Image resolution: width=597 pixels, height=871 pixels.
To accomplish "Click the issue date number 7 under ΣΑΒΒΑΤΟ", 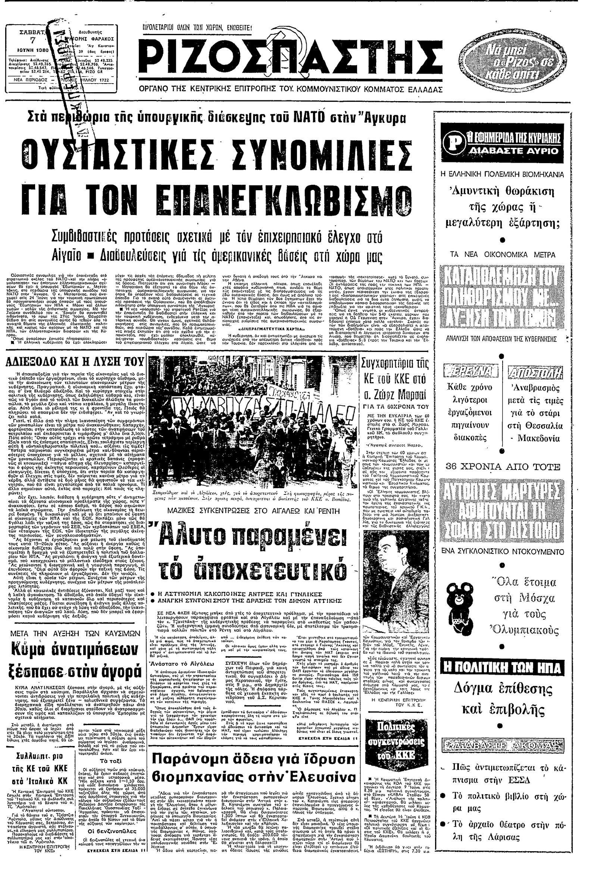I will (32, 40).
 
